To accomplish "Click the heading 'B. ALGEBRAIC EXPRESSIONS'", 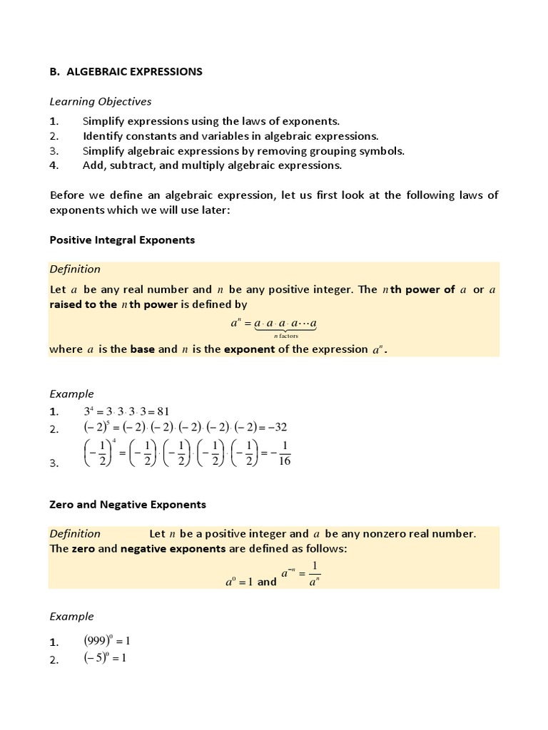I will pos(126,71).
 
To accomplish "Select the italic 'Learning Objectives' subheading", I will pos(100,101).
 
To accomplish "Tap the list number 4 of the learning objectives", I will pos(53,165).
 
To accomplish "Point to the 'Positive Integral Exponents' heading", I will pos(121,240).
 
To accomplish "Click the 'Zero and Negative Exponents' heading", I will pos(127,504).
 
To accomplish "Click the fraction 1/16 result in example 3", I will pos(284,454).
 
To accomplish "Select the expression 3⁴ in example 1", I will pos(89,411).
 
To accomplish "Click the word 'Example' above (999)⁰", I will pos(71,616).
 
